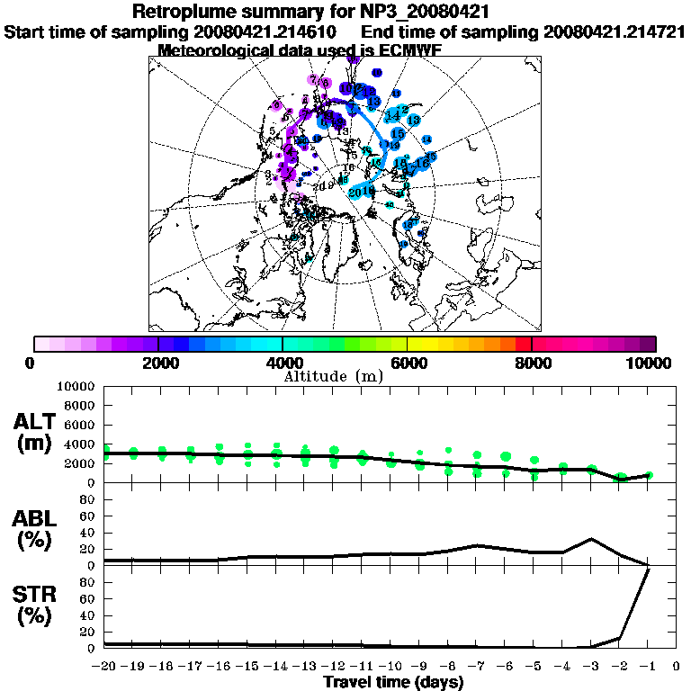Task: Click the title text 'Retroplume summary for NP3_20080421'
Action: pos(310,12)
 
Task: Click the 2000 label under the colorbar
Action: pos(157,363)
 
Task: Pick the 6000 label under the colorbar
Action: pos(408,363)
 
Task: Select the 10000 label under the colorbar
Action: pos(651,363)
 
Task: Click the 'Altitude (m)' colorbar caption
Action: pos(334,375)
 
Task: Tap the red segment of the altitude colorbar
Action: pos(523,344)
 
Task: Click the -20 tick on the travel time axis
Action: pos(104,667)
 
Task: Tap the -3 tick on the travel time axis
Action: pos(591,667)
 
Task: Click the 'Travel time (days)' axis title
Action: pos(393,682)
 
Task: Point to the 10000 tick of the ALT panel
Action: pos(77,386)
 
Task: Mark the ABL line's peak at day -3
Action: pos(591,539)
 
